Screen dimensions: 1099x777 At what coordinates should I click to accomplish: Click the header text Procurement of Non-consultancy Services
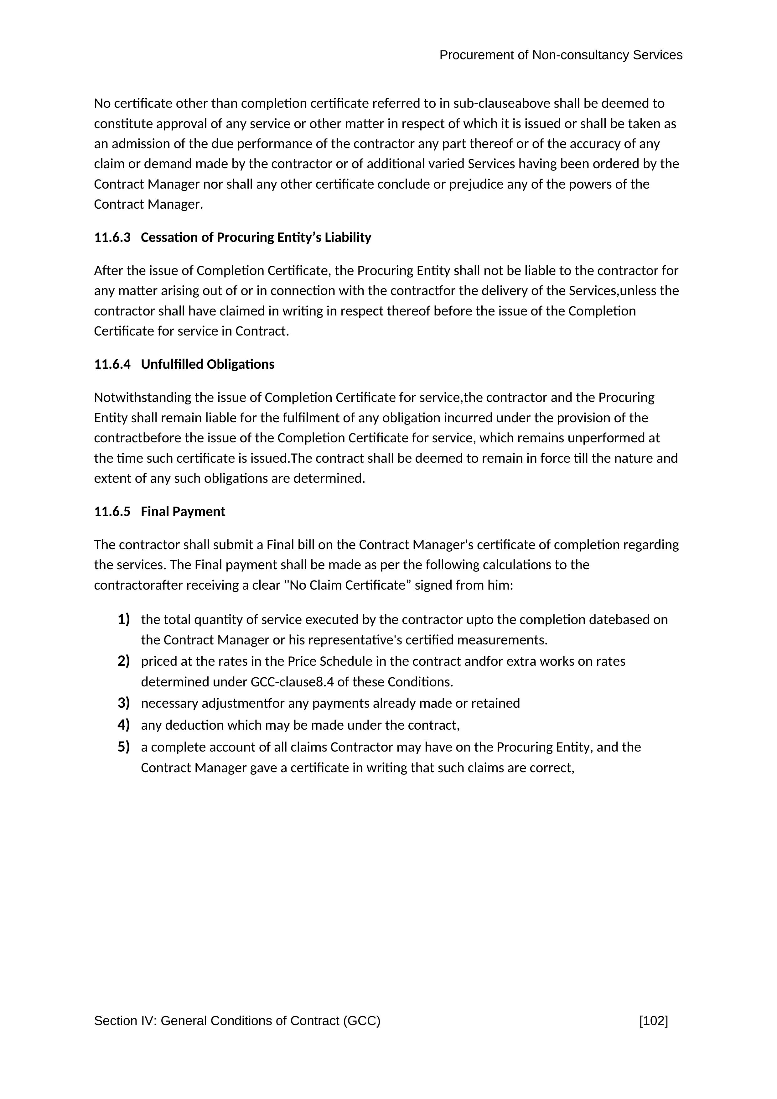[560, 55]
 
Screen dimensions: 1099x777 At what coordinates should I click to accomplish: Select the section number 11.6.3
[112, 237]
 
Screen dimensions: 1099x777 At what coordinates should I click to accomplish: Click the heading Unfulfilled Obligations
[208, 364]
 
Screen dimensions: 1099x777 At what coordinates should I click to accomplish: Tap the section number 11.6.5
[112, 512]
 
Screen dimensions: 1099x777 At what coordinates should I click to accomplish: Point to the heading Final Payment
[183, 512]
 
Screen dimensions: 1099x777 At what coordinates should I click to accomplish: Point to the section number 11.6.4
[112, 364]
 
